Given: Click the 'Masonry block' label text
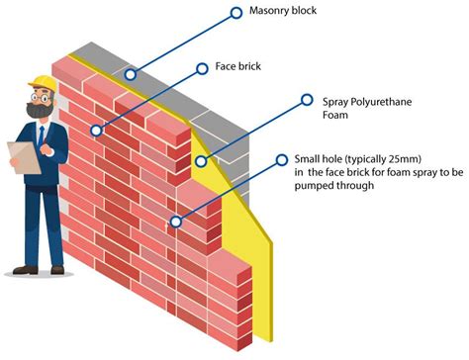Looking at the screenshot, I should tap(296, 14).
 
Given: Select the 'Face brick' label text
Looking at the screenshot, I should tap(241, 67).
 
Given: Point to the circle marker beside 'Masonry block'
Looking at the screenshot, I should tap(235, 13).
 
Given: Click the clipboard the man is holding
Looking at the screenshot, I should tap(19, 157).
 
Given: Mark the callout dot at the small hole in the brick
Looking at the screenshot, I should tap(175, 222).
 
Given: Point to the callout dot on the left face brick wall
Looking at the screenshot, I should tap(96, 130).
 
